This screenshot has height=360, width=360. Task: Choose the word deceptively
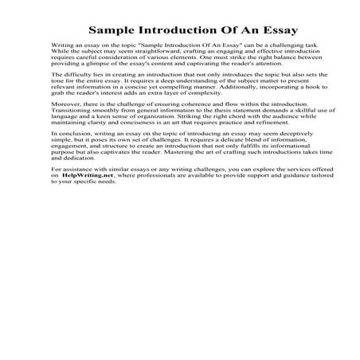(275, 160)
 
